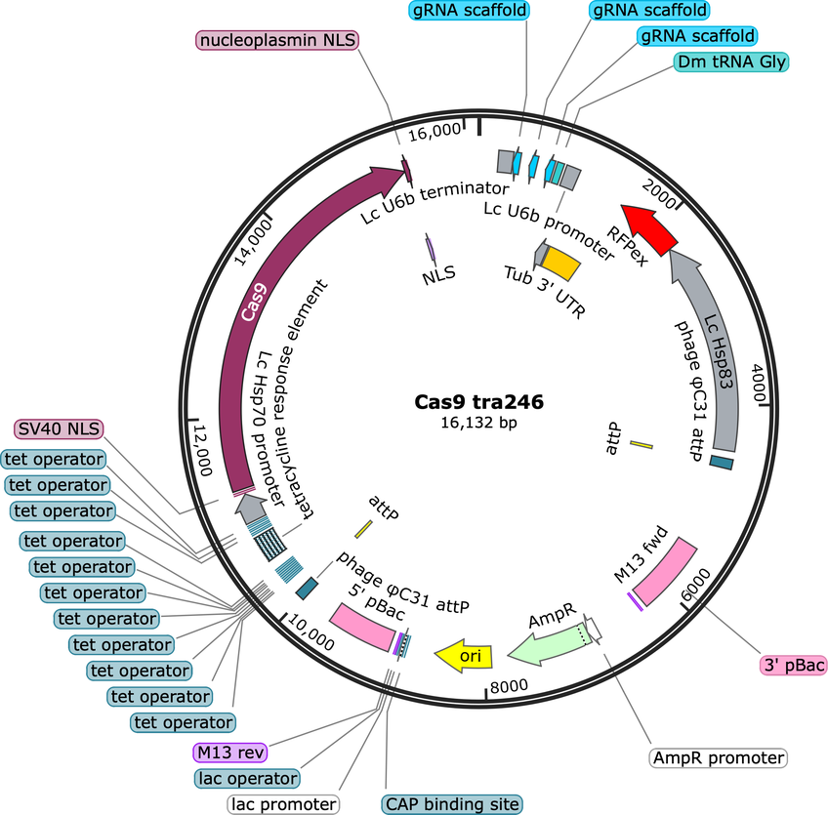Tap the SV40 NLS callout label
click(61, 429)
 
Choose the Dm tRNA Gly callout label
click(730, 61)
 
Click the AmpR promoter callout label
click(719, 757)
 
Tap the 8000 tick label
click(509, 685)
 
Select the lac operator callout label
click(246, 778)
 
